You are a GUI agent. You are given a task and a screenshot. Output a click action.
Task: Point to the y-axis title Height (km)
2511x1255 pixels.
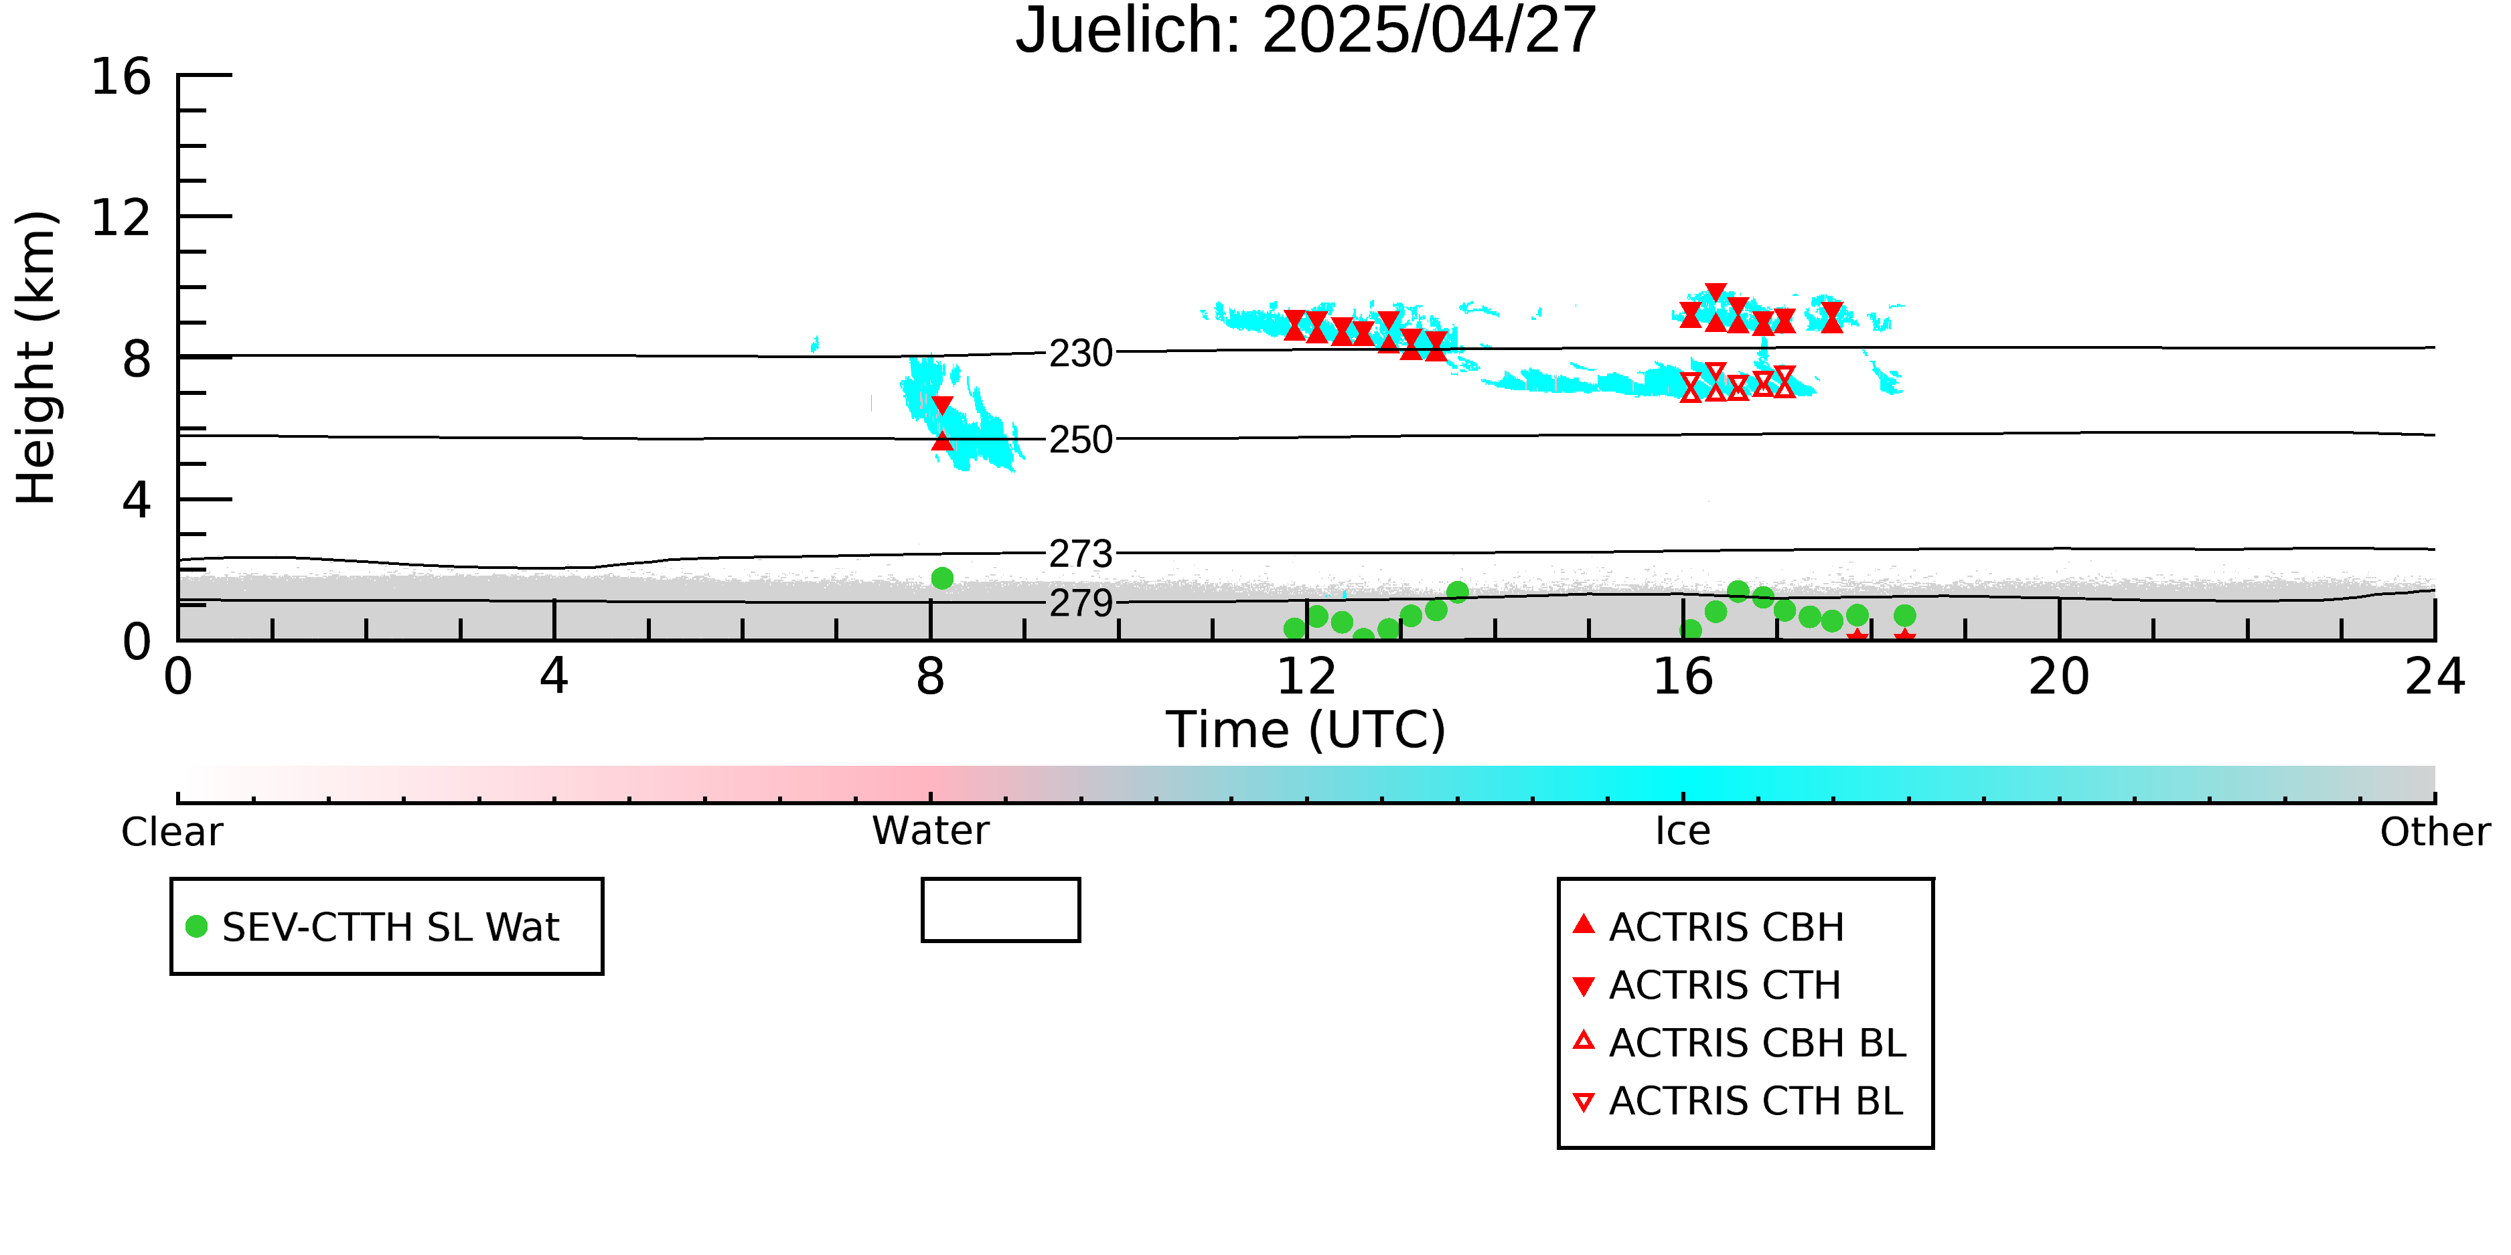[x=36, y=357]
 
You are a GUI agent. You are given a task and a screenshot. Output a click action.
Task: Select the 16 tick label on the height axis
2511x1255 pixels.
[x=121, y=76]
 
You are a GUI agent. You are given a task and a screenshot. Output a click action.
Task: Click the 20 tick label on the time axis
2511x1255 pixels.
[x=2059, y=676]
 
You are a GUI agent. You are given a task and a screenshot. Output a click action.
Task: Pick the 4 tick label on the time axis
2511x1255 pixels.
[x=554, y=676]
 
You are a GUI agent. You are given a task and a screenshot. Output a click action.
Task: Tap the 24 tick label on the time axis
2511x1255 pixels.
[x=2435, y=676]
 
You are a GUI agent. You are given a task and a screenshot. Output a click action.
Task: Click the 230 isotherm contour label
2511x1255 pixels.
[x=1080, y=353]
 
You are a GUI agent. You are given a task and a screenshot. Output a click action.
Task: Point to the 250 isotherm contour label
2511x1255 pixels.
[x=1080, y=440]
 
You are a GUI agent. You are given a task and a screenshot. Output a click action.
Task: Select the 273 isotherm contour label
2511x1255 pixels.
[x=1080, y=554]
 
